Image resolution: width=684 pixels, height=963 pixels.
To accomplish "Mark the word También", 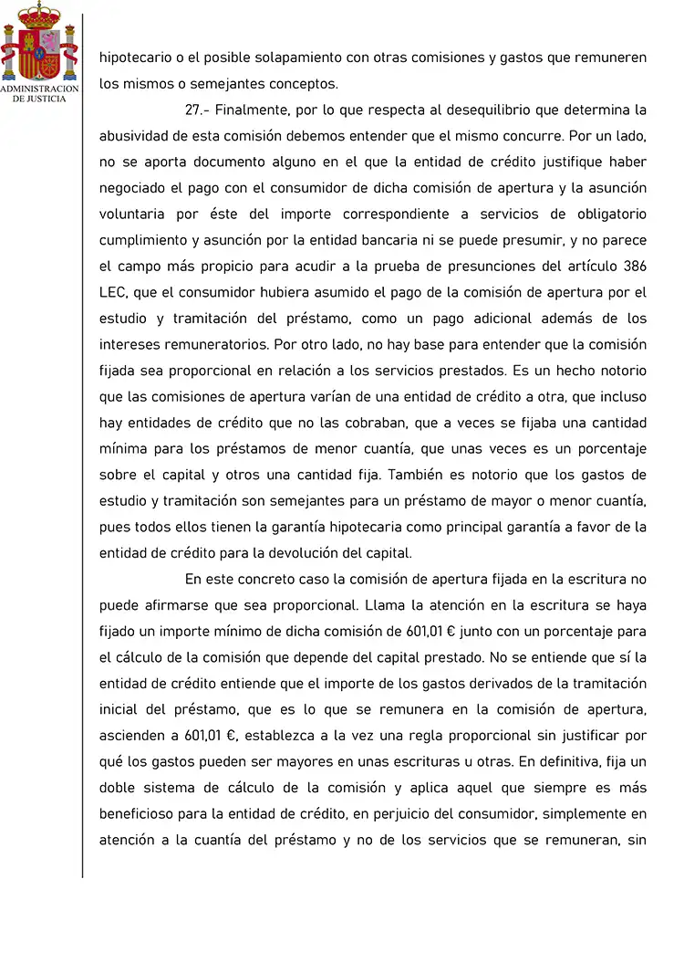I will click(421, 475).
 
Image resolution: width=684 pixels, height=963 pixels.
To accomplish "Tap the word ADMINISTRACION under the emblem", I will click(39, 89).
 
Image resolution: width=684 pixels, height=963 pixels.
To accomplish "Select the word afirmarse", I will click(171, 605).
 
